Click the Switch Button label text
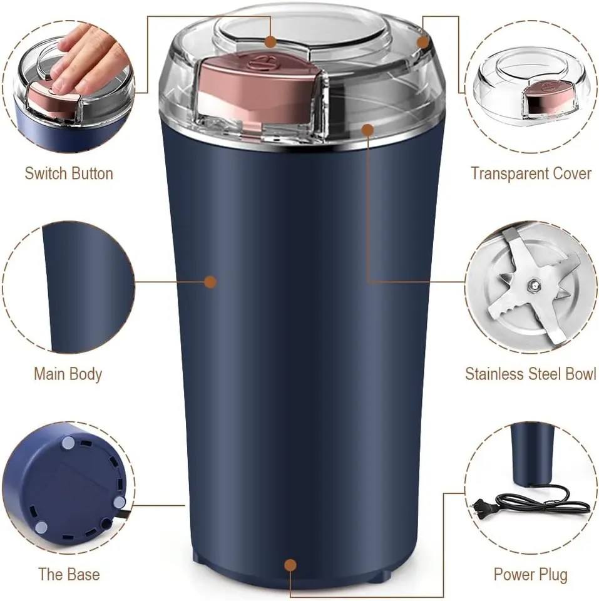coord(69,173)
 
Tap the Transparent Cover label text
coord(531,173)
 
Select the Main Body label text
coord(68,374)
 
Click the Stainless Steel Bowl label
coord(531,374)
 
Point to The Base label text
coord(69,573)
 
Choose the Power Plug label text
coord(531,573)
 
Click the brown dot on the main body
coord(210,282)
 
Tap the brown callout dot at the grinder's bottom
coord(290,565)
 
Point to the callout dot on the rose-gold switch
coord(270,42)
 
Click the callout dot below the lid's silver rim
coord(367,130)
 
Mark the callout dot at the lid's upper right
coord(423,42)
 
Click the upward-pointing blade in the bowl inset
coord(514,250)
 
